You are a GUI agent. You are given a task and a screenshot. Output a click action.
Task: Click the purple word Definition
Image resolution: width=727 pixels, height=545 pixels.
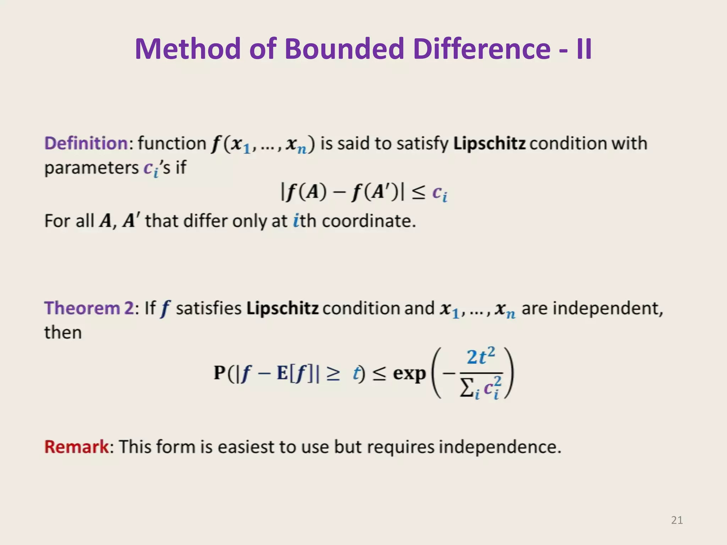click(86, 143)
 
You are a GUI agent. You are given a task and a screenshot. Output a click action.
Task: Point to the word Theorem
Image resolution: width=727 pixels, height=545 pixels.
click(82, 308)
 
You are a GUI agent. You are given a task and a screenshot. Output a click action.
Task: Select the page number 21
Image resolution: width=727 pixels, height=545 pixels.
click(677, 520)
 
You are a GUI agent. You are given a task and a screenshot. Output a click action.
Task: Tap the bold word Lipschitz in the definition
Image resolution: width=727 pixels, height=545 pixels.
click(489, 143)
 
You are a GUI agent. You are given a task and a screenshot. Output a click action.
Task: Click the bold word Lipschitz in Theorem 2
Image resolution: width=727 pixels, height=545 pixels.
click(282, 308)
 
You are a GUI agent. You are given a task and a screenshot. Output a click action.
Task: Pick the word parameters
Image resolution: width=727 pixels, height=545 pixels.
click(91, 167)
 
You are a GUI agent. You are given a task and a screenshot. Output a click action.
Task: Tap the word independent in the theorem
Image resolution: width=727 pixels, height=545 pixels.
click(591, 308)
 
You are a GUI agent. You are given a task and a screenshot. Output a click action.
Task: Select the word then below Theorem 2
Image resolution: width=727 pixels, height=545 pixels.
click(63, 332)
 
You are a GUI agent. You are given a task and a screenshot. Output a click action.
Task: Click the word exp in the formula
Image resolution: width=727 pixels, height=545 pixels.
click(409, 373)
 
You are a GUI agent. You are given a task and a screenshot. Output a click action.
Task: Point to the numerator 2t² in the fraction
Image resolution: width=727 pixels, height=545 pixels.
click(481, 357)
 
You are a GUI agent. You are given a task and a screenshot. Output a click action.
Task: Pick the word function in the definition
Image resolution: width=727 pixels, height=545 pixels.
click(171, 143)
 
